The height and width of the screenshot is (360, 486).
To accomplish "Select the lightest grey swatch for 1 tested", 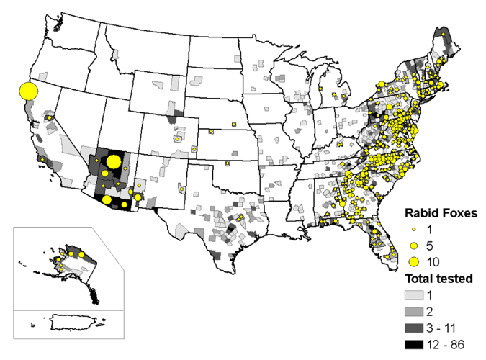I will tap(413, 295).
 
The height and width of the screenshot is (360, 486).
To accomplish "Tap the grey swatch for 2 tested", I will tap(413, 311).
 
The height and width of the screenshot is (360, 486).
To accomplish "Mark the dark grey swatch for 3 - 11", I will tap(413, 327).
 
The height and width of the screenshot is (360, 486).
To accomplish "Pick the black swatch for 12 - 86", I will tap(413, 343).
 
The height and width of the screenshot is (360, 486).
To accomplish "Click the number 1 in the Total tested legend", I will tap(433, 295).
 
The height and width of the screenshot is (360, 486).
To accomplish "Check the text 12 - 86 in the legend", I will tap(446, 343).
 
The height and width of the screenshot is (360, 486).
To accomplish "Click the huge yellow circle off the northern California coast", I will tap(27, 91).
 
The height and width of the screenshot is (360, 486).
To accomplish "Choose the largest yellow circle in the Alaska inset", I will tap(82, 254).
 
